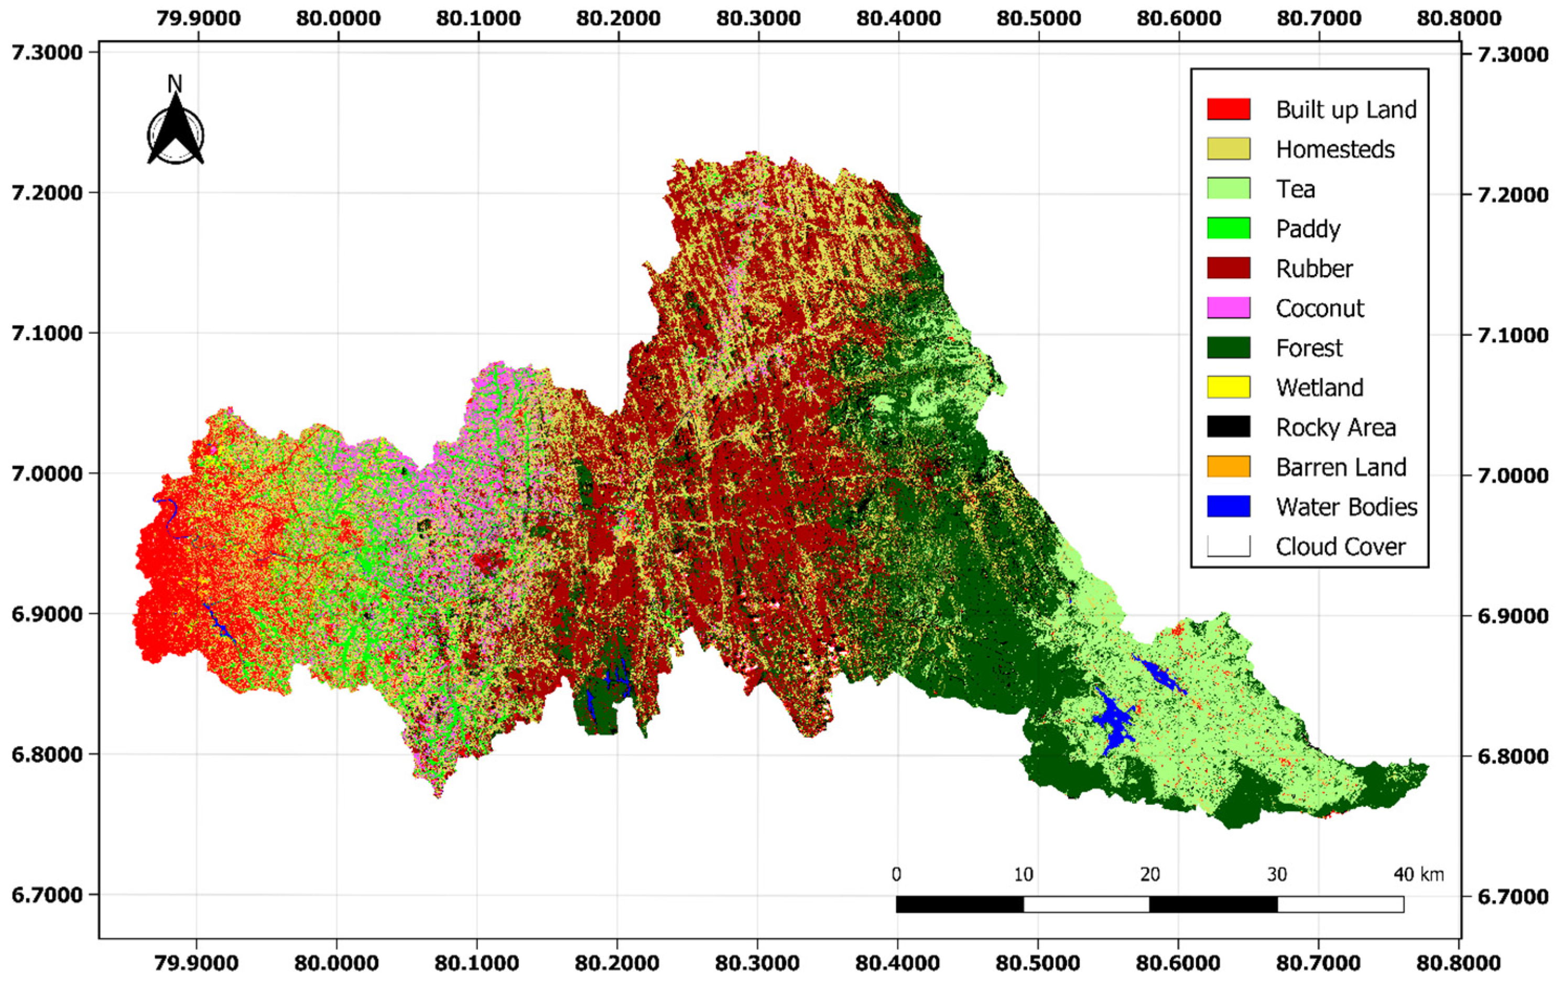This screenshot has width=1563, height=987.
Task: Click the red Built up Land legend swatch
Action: click(x=1228, y=109)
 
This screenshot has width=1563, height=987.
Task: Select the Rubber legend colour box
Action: click(x=1228, y=268)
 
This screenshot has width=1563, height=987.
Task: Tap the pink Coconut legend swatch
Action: click(x=1228, y=308)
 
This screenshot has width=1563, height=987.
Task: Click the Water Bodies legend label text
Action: click(x=1346, y=507)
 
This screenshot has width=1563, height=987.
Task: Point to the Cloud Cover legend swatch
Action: click(x=1228, y=546)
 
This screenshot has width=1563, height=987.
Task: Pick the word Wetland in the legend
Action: click(x=1319, y=387)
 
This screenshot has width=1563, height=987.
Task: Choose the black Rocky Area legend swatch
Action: click(x=1228, y=427)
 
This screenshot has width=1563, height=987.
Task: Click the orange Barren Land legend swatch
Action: click(x=1228, y=467)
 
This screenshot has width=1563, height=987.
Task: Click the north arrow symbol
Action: click(x=175, y=133)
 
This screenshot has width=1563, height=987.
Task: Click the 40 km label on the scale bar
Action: click(x=1418, y=875)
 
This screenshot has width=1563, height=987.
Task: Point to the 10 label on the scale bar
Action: click(x=1023, y=875)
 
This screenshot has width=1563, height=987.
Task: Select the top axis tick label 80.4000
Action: click(x=898, y=18)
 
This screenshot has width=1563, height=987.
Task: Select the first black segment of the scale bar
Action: click(x=959, y=904)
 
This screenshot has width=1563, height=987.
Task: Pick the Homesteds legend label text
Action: click(x=1334, y=149)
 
